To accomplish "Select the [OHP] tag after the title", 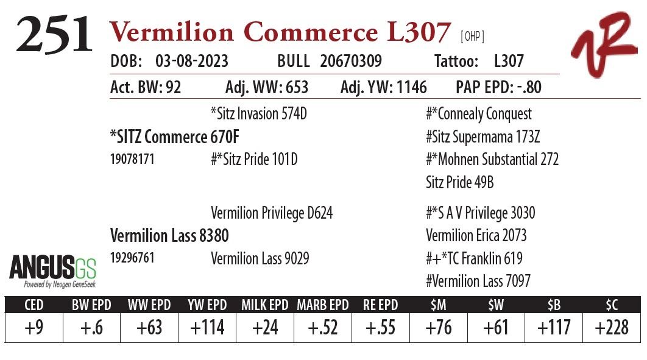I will pos(473,37).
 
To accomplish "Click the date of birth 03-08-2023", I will pos(192,62).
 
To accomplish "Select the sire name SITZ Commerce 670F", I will pos(175,138).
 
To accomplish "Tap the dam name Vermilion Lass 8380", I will pos(169,235).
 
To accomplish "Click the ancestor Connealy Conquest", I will pos(479,114).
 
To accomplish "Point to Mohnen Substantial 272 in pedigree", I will pos(492,160).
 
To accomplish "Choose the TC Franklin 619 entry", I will pos(474,258).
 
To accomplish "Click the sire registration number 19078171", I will pos(132,160).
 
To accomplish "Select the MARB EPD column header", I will pos(322,305).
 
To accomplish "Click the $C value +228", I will pos(612,328).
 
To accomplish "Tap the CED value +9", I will pos(34,328).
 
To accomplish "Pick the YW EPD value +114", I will pos(207,328).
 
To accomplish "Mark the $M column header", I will pos(438,305).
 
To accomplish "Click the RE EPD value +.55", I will pos(381,328).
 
